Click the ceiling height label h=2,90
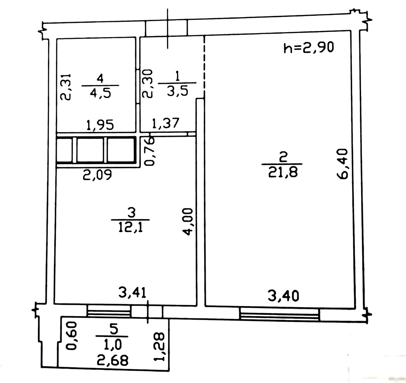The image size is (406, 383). (308, 47)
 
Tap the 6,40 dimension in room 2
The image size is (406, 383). (342, 164)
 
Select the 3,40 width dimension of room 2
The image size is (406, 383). (283, 296)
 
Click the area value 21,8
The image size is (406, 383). (283, 172)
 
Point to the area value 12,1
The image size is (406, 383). (130, 227)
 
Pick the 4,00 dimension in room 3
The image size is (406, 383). (189, 222)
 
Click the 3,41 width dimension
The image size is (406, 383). (132, 292)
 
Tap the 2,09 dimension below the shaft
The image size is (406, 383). (97, 175)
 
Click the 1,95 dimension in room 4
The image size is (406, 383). (100, 125)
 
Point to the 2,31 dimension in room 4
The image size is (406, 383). (65, 87)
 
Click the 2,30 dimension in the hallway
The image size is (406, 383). (147, 83)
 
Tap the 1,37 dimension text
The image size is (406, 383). (165, 123)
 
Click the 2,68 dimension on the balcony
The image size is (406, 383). (113, 360)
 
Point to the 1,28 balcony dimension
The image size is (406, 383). (160, 346)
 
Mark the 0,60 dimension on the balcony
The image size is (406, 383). (71, 336)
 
